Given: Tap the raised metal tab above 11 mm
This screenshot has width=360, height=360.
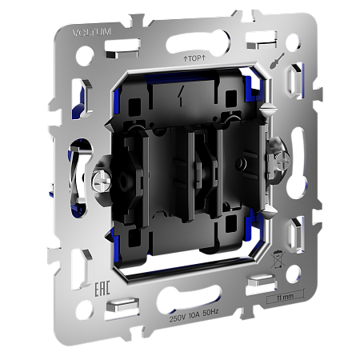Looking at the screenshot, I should pos(260,281).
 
